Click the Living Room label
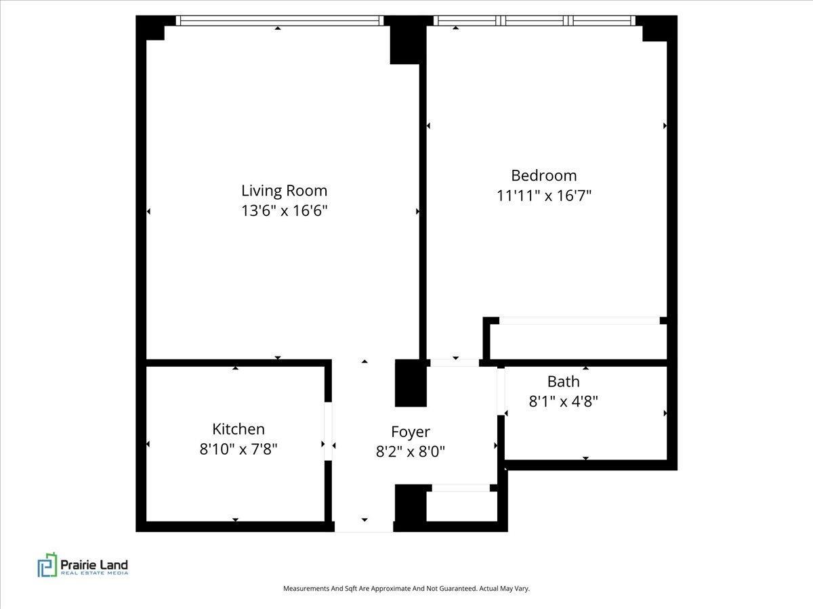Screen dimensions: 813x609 [284, 191]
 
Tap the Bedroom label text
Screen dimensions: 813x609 [544, 176]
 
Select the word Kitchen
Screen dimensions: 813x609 [238, 429]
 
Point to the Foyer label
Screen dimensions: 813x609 [411, 432]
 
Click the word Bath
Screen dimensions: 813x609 [564, 382]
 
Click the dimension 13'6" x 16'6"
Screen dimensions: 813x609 [284, 210]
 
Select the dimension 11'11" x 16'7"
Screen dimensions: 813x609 [544, 196]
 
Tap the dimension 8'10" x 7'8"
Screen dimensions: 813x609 [238, 449]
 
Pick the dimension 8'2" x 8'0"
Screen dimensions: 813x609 [411, 451]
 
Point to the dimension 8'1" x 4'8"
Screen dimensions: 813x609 [564, 401]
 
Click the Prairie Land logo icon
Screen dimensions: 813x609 [47, 564]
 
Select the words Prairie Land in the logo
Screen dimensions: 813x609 [94, 564]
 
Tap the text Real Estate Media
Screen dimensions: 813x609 [94, 573]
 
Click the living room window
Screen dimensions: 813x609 [280, 21]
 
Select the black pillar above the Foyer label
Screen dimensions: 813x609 [411, 383]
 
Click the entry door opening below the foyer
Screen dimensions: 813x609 [364, 527]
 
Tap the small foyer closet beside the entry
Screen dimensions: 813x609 [462, 506]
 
